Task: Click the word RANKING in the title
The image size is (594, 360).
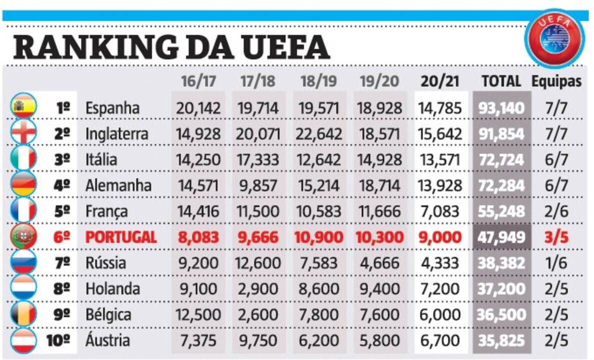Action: click(95, 47)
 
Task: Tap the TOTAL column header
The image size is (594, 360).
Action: click(501, 81)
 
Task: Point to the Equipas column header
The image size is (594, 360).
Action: click(556, 81)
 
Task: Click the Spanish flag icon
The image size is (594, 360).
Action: click(23, 106)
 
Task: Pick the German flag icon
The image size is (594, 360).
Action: click(23, 184)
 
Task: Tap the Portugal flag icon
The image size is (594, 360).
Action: click(23, 236)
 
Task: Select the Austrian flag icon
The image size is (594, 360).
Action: click(23, 340)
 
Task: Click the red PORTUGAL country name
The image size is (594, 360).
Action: click(121, 237)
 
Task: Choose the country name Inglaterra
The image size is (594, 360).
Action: click(116, 134)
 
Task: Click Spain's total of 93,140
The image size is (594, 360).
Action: click(501, 108)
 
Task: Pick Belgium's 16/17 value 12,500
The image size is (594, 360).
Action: click(198, 315)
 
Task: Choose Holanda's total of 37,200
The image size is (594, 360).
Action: click(501, 289)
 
